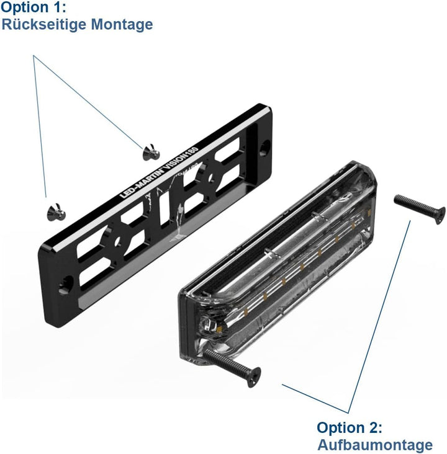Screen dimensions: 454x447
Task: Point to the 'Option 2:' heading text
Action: (x=350, y=428)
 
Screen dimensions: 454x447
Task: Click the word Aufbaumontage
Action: (x=375, y=445)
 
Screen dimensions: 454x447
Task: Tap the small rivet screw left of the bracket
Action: (x=54, y=211)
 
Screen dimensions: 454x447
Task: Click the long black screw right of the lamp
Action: (x=420, y=206)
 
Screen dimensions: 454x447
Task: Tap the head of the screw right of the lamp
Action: (x=438, y=213)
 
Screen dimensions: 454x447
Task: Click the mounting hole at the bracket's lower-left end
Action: (x=65, y=284)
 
